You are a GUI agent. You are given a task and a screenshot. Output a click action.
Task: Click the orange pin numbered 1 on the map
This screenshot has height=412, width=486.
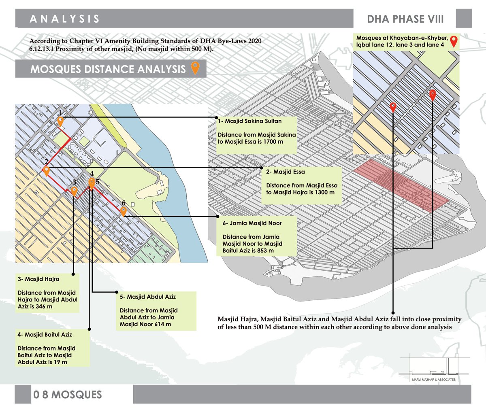pyautogui.click(x=60, y=121)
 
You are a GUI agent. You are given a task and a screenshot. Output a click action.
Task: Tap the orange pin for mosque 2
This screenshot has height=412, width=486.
pyautogui.click(x=47, y=170)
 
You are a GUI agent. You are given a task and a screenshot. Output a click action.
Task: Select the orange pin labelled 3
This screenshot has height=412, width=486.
pyautogui.click(x=74, y=191)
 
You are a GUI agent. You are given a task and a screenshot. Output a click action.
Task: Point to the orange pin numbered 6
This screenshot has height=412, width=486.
pyautogui.click(x=124, y=211)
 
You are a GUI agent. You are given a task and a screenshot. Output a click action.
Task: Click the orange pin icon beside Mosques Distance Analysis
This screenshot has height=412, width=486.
pyautogui.click(x=195, y=68)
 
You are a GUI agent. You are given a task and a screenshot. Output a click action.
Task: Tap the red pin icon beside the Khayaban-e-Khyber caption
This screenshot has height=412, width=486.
pyautogui.click(x=454, y=41)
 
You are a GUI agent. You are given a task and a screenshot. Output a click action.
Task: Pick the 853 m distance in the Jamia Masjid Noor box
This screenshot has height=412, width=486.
pyautogui.click(x=265, y=251)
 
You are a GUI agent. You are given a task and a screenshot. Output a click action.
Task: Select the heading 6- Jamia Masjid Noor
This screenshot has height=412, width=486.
pyautogui.click(x=252, y=223)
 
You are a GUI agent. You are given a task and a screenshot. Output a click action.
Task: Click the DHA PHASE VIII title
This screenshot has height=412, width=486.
pyautogui.click(x=405, y=19)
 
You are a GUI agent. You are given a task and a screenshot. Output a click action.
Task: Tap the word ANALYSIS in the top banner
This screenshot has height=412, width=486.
pyautogui.click(x=65, y=19)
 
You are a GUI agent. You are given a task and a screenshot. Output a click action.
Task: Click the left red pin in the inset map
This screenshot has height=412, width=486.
pyautogui.click(x=392, y=107)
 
